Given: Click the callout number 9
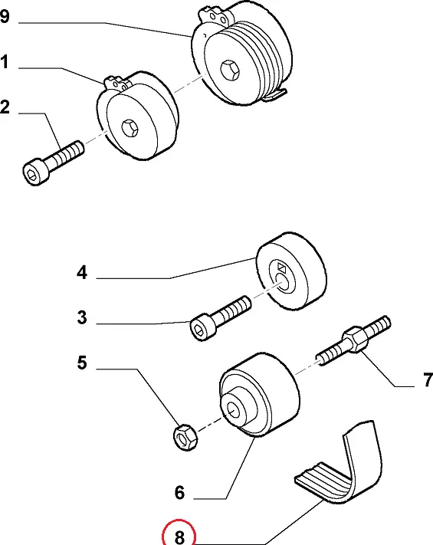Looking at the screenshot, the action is (5, 16).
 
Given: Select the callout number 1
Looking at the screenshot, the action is (5, 62).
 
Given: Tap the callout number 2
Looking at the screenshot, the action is (5, 107).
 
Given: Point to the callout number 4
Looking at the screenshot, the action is (82, 273).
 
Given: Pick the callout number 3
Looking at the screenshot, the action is (82, 317).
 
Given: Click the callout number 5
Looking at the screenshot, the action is (82, 363).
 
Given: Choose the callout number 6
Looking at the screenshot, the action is (179, 493).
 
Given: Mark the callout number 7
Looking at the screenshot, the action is (428, 379).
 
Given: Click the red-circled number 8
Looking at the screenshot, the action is (179, 537).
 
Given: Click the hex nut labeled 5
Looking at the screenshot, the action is (185, 438).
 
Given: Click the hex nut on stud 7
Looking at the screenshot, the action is (355, 339).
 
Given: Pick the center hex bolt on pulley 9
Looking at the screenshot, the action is (230, 70).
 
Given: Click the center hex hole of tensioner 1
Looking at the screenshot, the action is (130, 128).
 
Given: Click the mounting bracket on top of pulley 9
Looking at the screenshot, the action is (214, 15).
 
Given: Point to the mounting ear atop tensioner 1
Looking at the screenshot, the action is (116, 84).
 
